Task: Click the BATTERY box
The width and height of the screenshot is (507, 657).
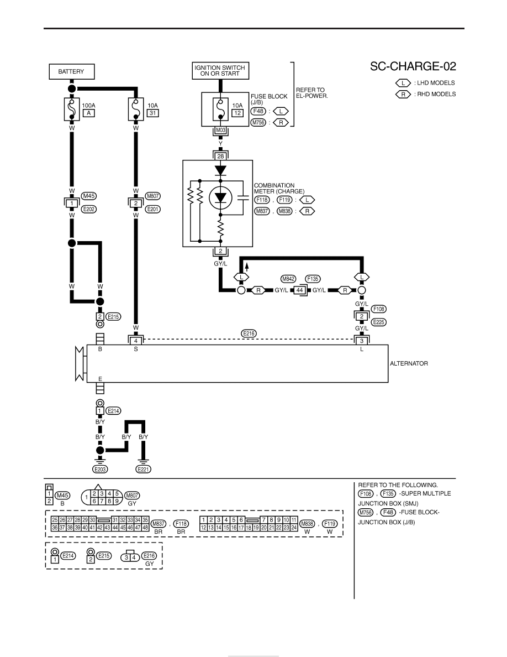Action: (72, 72)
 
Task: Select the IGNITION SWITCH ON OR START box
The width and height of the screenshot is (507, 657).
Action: (220, 71)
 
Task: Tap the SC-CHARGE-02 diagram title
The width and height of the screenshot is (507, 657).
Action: (413, 66)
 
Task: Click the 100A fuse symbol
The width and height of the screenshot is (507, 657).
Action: (72, 109)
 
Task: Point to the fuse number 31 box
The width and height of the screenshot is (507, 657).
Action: (152, 113)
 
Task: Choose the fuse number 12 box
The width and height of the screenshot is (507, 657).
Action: (237, 113)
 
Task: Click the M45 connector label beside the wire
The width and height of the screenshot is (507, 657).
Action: (89, 196)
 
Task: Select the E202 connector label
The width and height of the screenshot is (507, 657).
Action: (89, 209)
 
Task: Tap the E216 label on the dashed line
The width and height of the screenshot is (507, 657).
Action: (249, 333)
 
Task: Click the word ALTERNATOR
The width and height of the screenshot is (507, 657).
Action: (409, 364)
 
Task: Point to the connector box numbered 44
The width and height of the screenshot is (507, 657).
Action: (299, 290)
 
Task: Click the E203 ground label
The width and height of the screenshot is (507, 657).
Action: (100, 470)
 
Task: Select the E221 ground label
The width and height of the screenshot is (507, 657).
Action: (144, 470)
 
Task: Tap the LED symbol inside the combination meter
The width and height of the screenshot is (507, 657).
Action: (220, 198)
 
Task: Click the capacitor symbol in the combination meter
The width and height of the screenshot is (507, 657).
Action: (243, 197)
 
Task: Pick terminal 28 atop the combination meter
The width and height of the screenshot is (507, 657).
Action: (220, 157)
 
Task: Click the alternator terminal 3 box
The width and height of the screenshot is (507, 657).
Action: (362, 341)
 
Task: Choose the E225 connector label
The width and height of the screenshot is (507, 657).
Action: (378, 322)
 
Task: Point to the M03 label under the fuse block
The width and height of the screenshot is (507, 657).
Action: (220, 131)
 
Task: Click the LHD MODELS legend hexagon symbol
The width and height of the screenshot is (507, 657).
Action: (403, 83)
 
